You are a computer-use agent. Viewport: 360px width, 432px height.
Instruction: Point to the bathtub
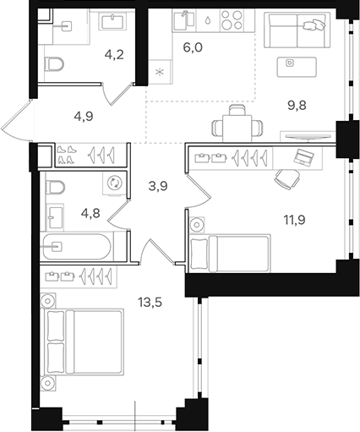pyautogui.click(x=81, y=248)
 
